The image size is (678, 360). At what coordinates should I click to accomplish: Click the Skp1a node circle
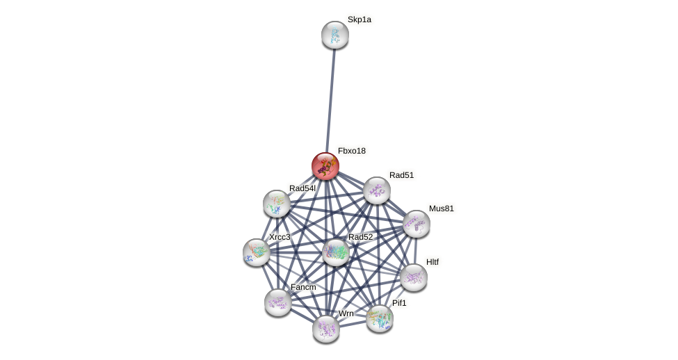pos(334,35)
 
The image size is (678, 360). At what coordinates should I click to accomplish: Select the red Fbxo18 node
pos(325,166)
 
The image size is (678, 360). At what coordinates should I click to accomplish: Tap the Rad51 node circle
pos(377,190)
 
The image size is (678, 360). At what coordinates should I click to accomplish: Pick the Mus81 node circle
pos(416,224)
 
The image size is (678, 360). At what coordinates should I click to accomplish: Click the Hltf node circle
pos(414,277)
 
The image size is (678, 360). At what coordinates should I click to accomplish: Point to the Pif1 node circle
pos(380,318)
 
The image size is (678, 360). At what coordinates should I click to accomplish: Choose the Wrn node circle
pos(326,329)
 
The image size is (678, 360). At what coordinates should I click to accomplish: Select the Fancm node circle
pos(278,302)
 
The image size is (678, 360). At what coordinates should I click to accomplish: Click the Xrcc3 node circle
pos(257,252)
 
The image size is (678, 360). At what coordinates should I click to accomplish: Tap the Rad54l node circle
pos(277,204)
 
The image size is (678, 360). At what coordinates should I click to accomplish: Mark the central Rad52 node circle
pos(335,252)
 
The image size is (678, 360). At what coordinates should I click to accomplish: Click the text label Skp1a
pos(360,20)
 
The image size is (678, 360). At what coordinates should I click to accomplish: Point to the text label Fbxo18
pos(352,151)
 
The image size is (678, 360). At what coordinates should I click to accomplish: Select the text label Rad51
pos(401,175)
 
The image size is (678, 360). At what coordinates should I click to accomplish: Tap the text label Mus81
pos(441,208)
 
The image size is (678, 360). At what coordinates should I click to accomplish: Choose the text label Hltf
pos(433,262)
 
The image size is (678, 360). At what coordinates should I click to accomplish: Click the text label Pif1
pos(399,303)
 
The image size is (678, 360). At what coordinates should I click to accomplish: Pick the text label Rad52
pos(360,237)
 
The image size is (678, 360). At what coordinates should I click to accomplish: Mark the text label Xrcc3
pos(280,237)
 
